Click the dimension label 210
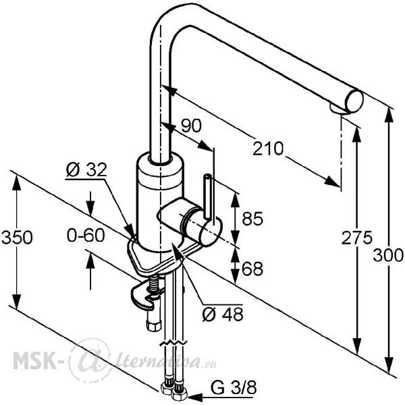[268, 148]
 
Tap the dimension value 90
[191, 126]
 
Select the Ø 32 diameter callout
[86, 169]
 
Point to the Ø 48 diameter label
[223, 315]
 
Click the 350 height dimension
[17, 238]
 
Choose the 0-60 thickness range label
[86, 236]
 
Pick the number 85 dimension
[252, 219]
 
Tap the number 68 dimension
[252, 269]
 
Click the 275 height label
[357, 238]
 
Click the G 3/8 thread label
[234, 387]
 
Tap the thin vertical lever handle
[209, 196]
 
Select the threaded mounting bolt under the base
[155, 285]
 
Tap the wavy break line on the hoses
[173, 344]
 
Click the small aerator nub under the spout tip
[338, 109]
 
